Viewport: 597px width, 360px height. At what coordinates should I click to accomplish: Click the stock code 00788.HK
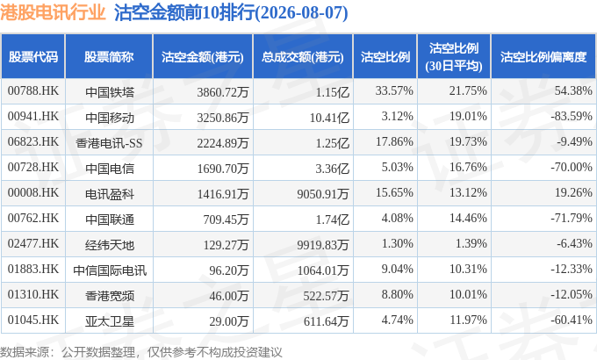[33, 91]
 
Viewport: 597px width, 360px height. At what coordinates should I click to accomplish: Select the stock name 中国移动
[110, 118]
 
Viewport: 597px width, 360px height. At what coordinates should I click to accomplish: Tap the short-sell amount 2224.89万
[223, 143]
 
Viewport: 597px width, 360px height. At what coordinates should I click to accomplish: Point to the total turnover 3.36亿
[332, 169]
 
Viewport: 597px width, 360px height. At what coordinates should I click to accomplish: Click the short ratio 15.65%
[394, 193]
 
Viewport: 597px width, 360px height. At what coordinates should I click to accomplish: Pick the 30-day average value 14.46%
[468, 219]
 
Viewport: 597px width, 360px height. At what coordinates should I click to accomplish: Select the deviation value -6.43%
[574, 243]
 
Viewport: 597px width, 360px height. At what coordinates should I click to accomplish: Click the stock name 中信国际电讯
[110, 270]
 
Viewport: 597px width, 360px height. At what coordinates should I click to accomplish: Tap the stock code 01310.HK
[33, 294]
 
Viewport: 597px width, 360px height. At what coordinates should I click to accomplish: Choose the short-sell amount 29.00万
[229, 321]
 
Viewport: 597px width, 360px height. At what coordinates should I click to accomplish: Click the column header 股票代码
[33, 57]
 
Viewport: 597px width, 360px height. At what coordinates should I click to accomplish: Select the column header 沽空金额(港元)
[203, 57]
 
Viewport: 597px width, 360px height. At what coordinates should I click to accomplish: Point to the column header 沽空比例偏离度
[543, 57]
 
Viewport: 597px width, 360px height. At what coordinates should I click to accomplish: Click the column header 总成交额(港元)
[303, 57]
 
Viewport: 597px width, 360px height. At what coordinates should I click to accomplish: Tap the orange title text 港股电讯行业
[53, 12]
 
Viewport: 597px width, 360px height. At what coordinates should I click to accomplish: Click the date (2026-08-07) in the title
[301, 12]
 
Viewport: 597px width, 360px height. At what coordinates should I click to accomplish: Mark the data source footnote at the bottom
[140, 352]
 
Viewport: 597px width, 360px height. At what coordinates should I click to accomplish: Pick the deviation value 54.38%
[573, 91]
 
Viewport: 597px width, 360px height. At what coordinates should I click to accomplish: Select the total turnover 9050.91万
[323, 194]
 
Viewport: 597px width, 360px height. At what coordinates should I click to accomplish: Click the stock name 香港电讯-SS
[109, 143]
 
